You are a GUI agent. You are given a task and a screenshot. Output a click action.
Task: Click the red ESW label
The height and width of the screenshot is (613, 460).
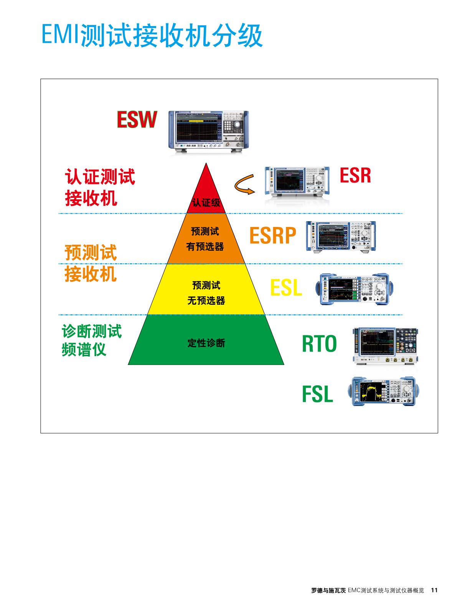(137, 120)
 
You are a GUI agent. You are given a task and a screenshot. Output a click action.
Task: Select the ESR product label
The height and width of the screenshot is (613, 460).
(355, 176)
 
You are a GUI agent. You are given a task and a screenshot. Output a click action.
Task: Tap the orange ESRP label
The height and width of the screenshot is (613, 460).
(273, 235)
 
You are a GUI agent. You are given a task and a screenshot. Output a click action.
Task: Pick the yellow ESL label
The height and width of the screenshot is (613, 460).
(286, 288)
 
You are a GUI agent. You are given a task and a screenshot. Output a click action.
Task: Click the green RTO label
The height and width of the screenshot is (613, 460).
(319, 343)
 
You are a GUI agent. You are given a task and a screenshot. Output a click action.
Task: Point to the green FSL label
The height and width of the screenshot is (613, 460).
(317, 394)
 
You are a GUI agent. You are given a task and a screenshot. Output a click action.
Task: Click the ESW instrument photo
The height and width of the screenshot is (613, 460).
(208, 131)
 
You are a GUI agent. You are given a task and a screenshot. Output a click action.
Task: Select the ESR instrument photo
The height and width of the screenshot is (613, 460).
(297, 181)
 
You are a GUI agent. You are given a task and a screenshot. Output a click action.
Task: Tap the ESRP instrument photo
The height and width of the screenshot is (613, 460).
(341, 236)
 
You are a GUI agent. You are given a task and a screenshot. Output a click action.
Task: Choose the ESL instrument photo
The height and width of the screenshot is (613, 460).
(354, 289)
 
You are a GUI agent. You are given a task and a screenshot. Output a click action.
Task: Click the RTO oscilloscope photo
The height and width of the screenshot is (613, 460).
(385, 345)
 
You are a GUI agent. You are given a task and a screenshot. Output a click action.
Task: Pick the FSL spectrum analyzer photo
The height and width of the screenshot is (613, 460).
(384, 391)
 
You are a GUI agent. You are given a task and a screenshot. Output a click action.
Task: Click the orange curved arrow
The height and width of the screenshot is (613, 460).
(244, 184)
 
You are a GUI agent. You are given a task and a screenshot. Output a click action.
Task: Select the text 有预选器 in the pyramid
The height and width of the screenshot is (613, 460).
(205, 247)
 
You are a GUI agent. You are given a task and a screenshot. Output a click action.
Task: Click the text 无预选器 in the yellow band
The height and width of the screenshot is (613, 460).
(206, 301)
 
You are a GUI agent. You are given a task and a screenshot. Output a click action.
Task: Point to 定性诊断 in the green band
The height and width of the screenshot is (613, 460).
(206, 343)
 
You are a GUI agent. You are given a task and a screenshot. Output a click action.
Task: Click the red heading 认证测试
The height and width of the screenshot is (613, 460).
(100, 177)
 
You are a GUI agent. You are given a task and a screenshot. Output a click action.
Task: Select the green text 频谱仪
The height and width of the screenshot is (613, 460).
(84, 349)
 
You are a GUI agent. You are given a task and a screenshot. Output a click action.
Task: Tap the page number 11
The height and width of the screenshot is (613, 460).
(434, 590)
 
